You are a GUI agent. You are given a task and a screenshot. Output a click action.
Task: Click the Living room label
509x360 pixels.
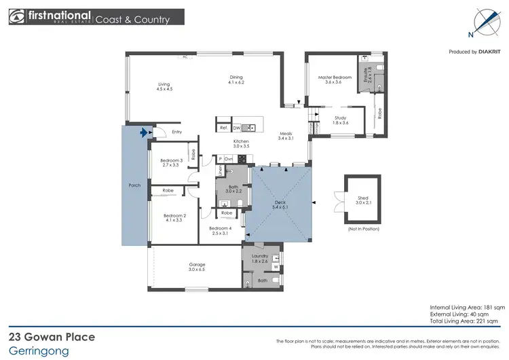point(164,86)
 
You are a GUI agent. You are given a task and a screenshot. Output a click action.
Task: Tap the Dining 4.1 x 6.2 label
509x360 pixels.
point(235,80)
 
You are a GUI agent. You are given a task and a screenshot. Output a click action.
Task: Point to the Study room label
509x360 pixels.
point(341,120)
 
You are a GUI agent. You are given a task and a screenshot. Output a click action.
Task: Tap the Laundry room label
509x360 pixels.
point(261,258)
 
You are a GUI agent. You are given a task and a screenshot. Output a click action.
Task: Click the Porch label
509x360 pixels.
point(134,185)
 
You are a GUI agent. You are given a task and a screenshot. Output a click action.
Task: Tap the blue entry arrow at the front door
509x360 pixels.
point(143,134)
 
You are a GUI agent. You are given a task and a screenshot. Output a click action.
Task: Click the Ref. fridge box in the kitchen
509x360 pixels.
point(223,128)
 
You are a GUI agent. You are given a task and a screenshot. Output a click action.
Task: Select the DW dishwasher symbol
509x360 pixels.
point(237,128)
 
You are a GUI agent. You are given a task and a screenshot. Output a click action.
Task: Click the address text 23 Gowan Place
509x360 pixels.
point(52,337)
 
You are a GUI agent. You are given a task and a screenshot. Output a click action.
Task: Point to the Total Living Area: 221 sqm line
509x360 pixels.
point(466,321)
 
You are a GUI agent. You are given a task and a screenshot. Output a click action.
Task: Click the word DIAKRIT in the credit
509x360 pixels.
point(490,52)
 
